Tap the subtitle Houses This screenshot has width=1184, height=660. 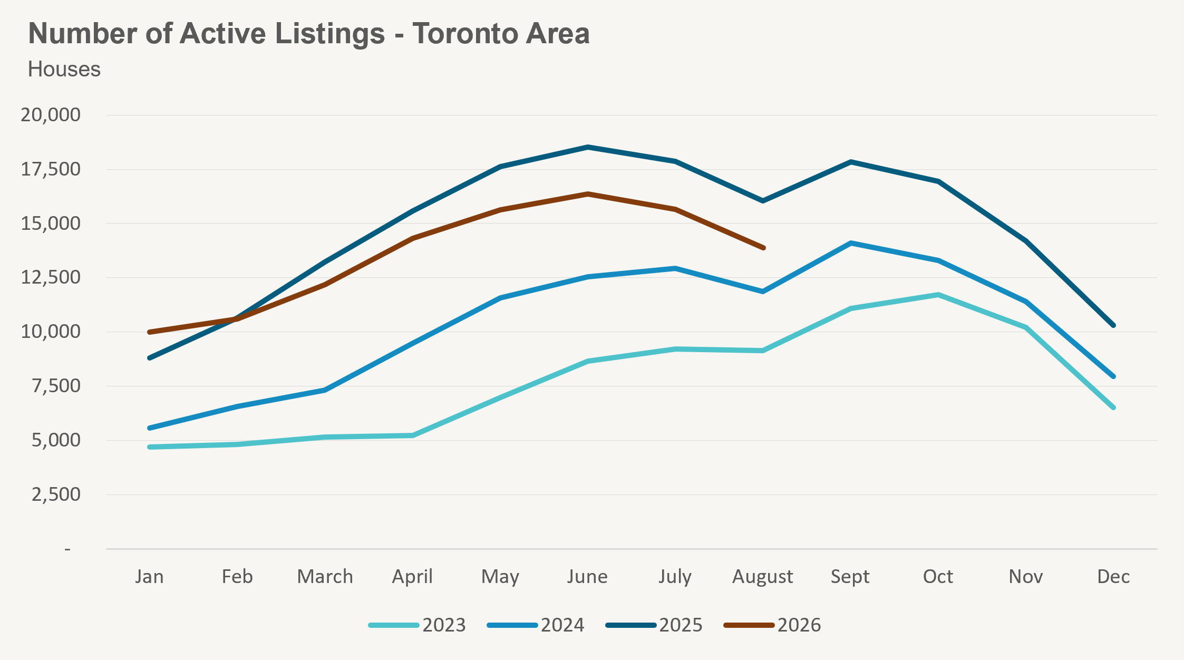pyautogui.click(x=64, y=69)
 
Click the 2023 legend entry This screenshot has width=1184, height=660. pyautogui.click(x=417, y=625)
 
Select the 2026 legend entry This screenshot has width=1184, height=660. pyautogui.click(x=772, y=625)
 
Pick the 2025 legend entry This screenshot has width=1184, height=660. pyautogui.click(x=654, y=625)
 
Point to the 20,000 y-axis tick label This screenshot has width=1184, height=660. pyautogui.click(x=51, y=114)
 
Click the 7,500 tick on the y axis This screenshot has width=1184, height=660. pyautogui.click(x=56, y=386)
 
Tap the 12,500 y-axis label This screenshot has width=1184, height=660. pyautogui.click(x=51, y=277)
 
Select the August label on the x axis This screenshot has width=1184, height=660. pyautogui.click(x=763, y=577)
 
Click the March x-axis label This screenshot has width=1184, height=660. pyautogui.click(x=325, y=577)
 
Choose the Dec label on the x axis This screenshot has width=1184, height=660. pyautogui.click(x=1113, y=577)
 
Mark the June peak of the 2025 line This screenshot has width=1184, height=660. pyautogui.click(x=588, y=147)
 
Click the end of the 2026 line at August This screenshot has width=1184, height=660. pyautogui.click(x=763, y=248)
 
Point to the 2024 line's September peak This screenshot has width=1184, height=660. pyautogui.click(x=851, y=243)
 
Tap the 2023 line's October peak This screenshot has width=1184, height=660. pyautogui.click(x=938, y=295)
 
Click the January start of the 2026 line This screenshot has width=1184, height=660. pyautogui.click(x=150, y=332)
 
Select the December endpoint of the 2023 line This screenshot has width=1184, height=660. pyautogui.click(x=1113, y=407)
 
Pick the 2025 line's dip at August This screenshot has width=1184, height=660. pyautogui.click(x=763, y=201)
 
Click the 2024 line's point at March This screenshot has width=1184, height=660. pyautogui.click(x=325, y=390)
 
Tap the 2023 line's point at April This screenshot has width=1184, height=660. pyautogui.click(x=412, y=435)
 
